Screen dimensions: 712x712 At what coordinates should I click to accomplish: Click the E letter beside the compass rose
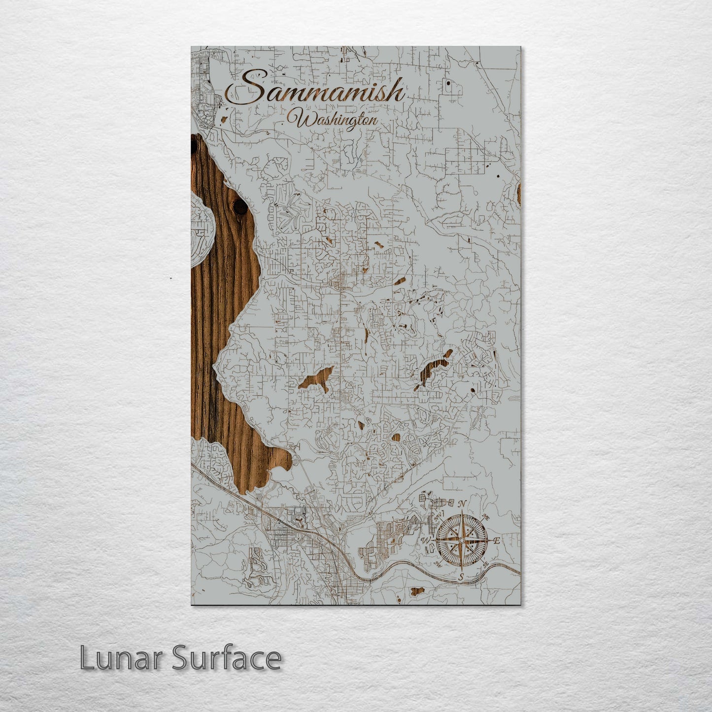[497, 541]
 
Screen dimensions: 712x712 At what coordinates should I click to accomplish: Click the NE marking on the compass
[486, 517]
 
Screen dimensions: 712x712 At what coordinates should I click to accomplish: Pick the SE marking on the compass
[486, 565]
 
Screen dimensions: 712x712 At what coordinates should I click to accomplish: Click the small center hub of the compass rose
[461, 541]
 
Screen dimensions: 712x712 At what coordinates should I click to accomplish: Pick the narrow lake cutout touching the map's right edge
[519, 193]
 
